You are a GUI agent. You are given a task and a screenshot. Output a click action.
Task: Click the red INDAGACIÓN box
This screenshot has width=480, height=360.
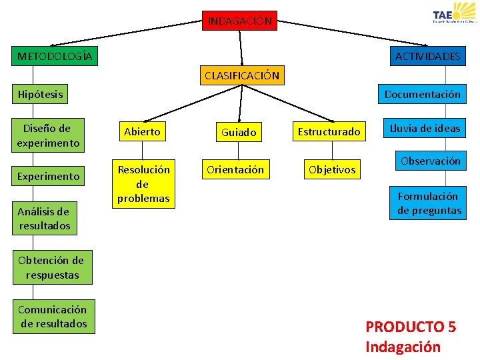coord(240,21)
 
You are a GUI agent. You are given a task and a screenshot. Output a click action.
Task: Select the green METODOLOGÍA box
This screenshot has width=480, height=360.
coord(55,56)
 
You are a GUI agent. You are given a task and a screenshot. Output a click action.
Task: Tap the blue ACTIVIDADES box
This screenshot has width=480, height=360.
coord(427,56)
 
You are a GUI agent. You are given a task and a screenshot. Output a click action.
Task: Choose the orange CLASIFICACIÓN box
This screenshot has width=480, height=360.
coord(241,75)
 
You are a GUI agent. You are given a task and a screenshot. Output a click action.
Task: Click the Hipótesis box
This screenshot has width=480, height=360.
coord(41,94)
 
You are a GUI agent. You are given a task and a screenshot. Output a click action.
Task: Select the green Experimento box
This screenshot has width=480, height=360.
coord(49,177)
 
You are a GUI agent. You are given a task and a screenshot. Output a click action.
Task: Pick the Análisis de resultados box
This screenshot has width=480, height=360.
coord(44,219)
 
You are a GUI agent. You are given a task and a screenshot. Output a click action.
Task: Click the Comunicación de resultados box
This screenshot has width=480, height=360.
coord(53,317)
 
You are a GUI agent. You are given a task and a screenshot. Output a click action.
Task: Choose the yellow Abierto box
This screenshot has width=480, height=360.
coord(142,132)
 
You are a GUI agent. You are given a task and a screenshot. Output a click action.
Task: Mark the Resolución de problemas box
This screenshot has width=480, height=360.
coord(143,184)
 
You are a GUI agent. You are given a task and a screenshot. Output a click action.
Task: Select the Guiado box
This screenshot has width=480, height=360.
coord(239,133)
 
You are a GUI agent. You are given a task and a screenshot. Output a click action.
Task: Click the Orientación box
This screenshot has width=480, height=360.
coord(235,170)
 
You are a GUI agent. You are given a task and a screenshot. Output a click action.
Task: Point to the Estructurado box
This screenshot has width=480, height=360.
coord(329,132)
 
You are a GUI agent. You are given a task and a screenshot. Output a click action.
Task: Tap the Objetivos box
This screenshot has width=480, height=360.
coord(331,170)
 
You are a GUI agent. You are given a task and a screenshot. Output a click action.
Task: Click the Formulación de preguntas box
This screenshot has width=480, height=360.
coord(429,203)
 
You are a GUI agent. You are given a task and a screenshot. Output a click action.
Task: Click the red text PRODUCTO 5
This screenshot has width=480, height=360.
coord(411,327)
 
